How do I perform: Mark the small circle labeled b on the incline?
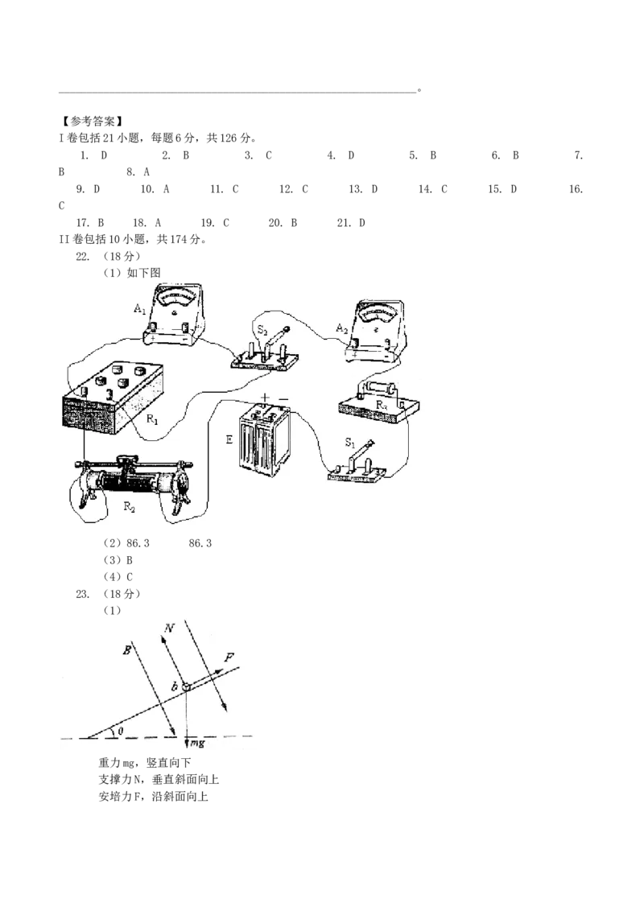[x=185, y=686]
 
